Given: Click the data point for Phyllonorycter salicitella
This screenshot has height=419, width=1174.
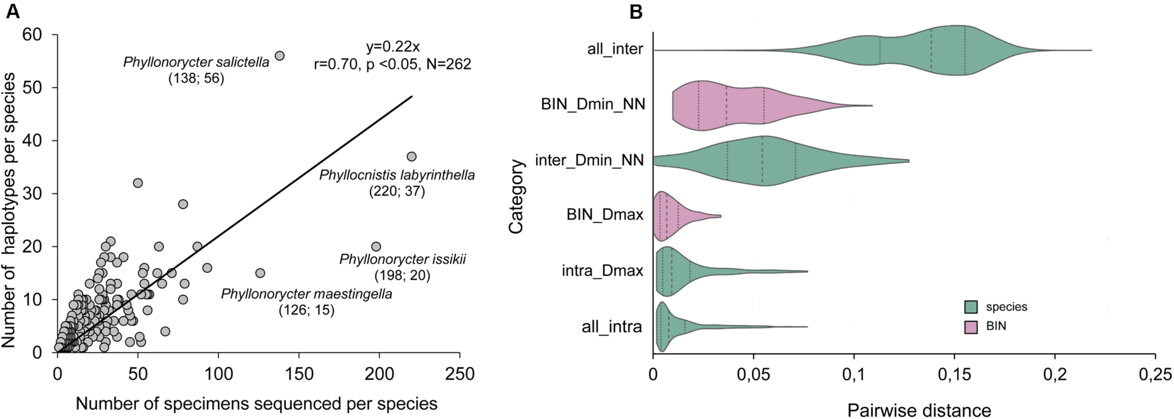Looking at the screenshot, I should (x=279, y=56).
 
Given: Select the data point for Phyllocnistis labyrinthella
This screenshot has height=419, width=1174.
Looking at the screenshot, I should (x=411, y=156).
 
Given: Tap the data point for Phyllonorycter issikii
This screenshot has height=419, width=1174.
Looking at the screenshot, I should (x=376, y=247).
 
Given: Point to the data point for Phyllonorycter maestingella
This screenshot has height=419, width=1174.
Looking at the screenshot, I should (x=260, y=273).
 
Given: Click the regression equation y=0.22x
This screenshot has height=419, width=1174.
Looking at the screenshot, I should (x=393, y=47).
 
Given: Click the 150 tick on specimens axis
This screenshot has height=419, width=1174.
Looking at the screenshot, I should (x=299, y=374).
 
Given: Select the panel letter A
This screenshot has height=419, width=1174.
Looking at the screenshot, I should (x=13, y=12).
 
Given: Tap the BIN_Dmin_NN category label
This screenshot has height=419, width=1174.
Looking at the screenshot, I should (x=593, y=104).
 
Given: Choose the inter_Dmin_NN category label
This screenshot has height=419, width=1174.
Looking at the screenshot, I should (x=589, y=161).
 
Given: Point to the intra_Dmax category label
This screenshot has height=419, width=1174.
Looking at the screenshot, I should (x=602, y=271).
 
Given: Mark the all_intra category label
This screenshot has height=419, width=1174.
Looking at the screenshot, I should (x=611, y=326).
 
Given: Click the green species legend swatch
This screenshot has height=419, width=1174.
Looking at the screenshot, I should (x=971, y=307).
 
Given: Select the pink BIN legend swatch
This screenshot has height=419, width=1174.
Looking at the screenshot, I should (x=971, y=327).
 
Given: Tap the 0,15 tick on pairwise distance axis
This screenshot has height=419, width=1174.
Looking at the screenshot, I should (x=954, y=375).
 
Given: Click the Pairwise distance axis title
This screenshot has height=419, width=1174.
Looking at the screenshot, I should (x=919, y=410).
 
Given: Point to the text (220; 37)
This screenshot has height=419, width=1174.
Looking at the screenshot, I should (x=397, y=191).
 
